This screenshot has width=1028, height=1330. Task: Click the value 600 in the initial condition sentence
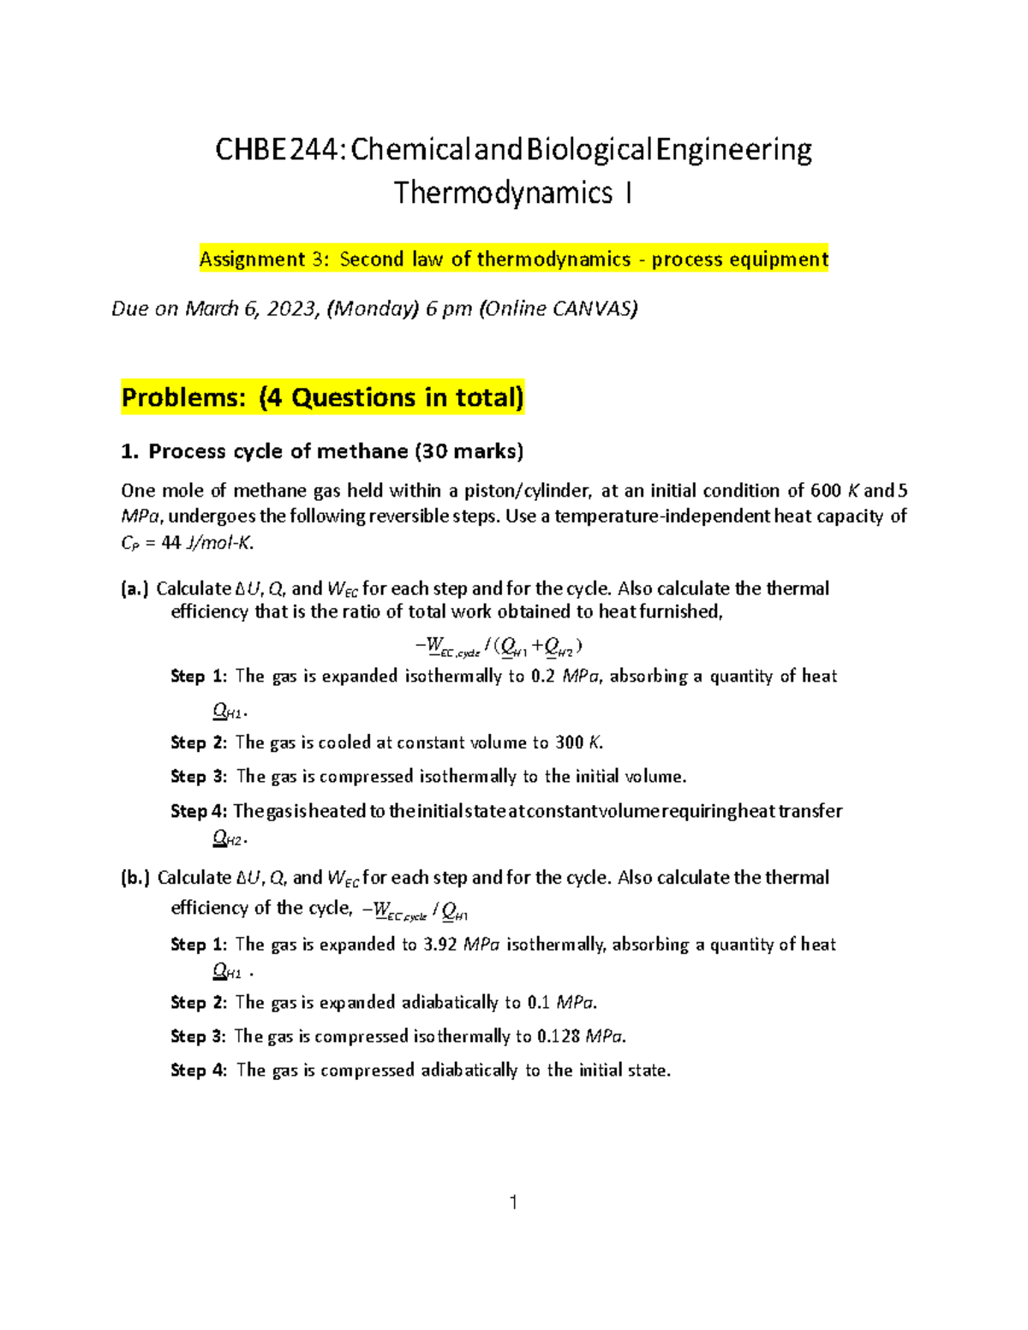(x=826, y=491)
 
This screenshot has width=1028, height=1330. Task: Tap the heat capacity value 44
(x=170, y=542)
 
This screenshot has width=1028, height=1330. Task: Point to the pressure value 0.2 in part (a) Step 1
(x=543, y=677)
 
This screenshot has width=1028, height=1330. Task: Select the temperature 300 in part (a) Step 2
(x=570, y=743)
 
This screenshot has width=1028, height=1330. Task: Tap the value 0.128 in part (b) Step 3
(x=558, y=1037)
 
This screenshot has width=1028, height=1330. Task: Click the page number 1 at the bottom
(x=513, y=1202)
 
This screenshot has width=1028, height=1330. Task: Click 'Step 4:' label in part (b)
(x=199, y=1071)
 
